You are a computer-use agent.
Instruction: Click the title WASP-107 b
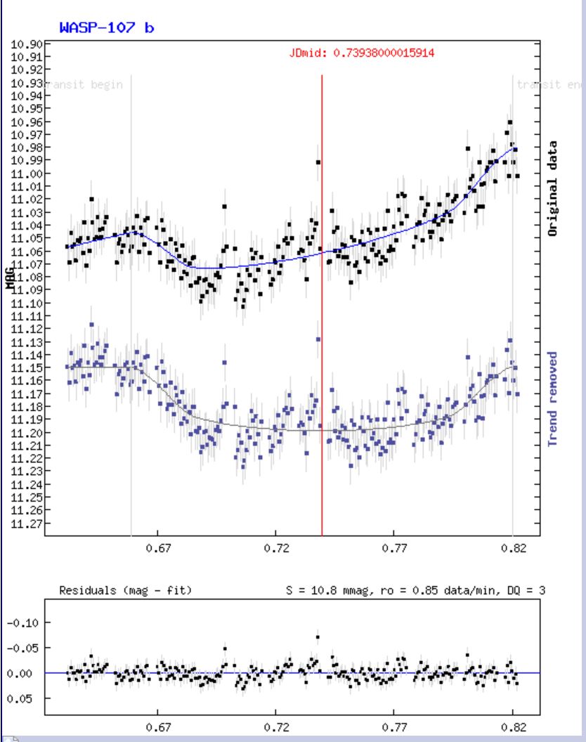pyautogui.click(x=107, y=28)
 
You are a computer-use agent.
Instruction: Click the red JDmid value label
pyautogui.click(x=366, y=53)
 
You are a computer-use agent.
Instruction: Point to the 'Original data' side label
pyautogui.click(x=553, y=188)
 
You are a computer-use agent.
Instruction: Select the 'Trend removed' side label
pyautogui.click(x=553, y=398)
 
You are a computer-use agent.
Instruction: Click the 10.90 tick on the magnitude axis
pyautogui.click(x=30, y=44)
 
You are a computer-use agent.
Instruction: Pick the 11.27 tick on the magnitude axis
pyautogui.click(x=30, y=523)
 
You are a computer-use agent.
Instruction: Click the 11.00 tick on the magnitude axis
pyautogui.click(x=30, y=174)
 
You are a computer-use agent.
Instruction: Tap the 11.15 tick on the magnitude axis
pyautogui.click(x=30, y=367)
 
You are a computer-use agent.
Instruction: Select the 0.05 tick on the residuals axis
pyautogui.click(x=30, y=698)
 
